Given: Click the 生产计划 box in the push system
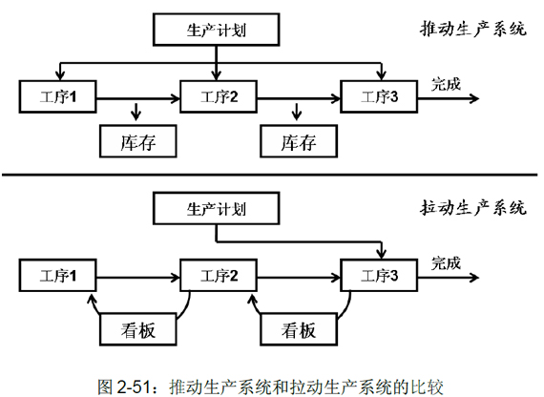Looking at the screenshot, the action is [x=216, y=30].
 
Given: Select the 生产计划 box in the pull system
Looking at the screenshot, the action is [x=216, y=208].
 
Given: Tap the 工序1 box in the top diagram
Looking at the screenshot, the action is [x=57, y=96].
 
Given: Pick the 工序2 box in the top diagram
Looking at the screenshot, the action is [x=219, y=96].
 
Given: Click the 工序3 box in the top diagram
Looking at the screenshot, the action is [x=379, y=96].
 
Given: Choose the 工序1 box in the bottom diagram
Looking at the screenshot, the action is [x=57, y=275].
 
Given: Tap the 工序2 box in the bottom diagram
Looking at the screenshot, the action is [x=219, y=275].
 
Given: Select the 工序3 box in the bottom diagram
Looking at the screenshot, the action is [x=379, y=275].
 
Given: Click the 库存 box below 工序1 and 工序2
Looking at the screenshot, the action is [x=138, y=141].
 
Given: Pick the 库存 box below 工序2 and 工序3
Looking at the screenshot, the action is [x=299, y=141].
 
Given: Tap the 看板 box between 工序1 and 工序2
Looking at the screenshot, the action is [x=138, y=329].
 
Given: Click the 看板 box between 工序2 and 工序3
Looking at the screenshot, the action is [x=299, y=329].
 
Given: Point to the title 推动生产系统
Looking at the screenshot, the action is [x=473, y=29].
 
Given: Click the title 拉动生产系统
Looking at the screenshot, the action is [x=473, y=207].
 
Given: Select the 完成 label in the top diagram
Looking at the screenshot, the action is [x=446, y=84].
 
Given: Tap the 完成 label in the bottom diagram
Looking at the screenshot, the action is [x=446, y=263].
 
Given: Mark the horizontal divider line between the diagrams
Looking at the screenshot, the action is [x=269, y=175].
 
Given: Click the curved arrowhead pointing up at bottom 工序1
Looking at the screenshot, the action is [x=92, y=300].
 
